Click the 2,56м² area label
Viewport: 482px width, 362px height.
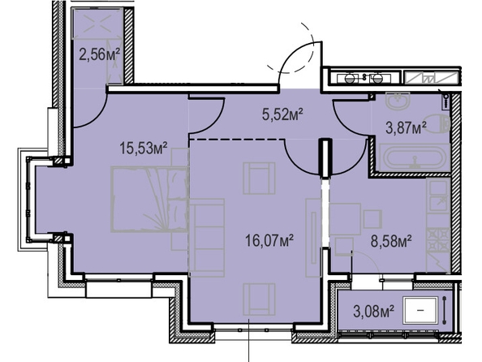99,55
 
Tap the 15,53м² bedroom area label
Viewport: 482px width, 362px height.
144,149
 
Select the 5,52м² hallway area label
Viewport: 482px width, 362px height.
282,115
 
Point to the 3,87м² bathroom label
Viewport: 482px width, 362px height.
406,127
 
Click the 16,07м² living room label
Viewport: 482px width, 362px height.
269,240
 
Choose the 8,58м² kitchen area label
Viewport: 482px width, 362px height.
391,241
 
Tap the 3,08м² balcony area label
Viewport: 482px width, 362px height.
374,311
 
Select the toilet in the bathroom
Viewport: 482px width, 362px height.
437,123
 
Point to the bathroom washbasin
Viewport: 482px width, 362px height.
398,101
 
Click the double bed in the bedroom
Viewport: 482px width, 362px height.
149,199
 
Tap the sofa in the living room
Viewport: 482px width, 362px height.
207,238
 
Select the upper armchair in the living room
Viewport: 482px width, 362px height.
259,179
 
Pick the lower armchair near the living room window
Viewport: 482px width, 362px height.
259,300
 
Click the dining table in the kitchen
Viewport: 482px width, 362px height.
345,218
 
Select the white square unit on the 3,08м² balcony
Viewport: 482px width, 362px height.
420,310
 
